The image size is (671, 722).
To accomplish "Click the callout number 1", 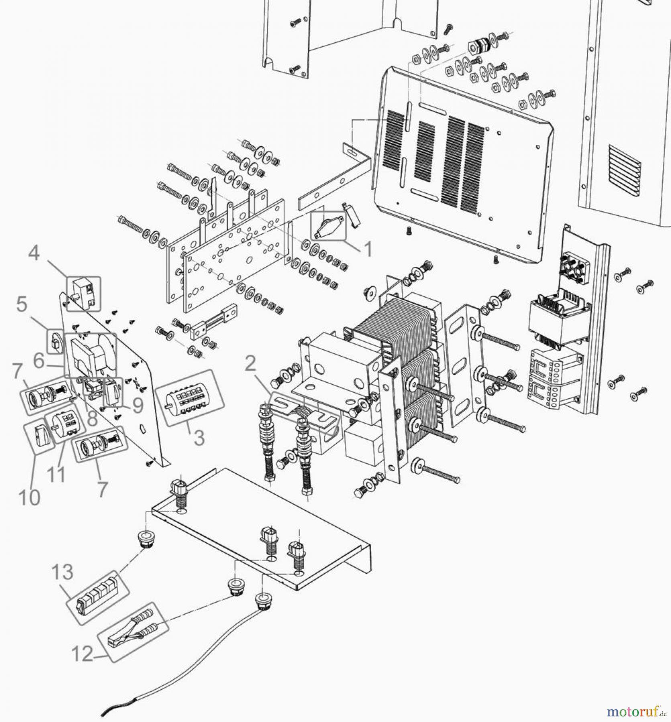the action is click(368, 249).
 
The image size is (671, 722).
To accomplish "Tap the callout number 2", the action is click(250, 364).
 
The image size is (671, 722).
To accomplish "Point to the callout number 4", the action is click(34, 253).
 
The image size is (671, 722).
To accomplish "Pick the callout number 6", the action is click(39, 361).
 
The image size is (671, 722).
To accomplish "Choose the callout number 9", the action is click(138, 406).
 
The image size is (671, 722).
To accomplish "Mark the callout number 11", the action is click(56, 475).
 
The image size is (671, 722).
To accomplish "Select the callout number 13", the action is click(63, 572).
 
